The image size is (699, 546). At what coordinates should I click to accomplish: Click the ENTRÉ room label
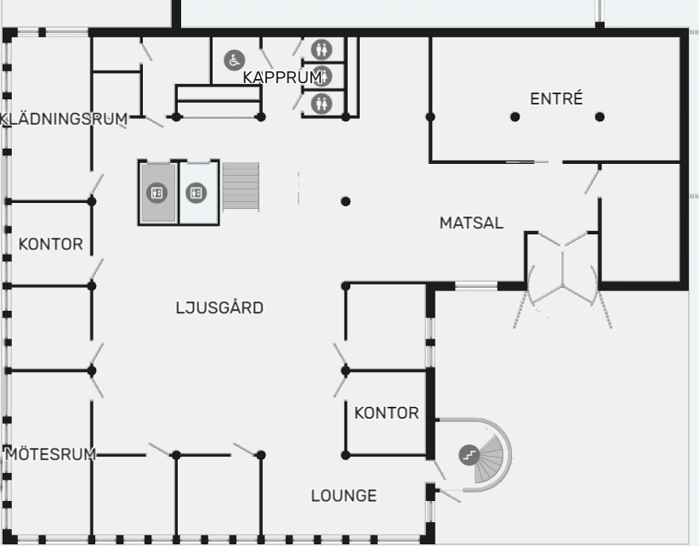click(x=556, y=99)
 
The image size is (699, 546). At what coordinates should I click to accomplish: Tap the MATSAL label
click(x=471, y=222)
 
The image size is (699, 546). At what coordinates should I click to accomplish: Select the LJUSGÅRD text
click(x=219, y=307)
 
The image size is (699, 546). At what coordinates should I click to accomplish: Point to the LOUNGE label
click(x=344, y=495)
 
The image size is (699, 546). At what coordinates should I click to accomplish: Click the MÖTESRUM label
click(x=51, y=453)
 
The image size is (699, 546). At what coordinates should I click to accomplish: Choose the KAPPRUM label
click(x=282, y=77)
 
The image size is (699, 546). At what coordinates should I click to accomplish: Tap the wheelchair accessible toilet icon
click(x=235, y=60)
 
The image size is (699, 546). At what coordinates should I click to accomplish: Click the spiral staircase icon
click(x=469, y=455)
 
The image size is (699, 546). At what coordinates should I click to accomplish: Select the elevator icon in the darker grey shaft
click(x=157, y=193)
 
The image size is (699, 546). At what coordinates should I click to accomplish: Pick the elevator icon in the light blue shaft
click(x=196, y=193)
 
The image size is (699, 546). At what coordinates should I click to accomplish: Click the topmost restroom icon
click(x=321, y=49)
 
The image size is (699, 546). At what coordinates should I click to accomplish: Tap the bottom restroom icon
click(x=321, y=104)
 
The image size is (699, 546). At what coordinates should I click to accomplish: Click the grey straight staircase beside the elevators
click(x=241, y=187)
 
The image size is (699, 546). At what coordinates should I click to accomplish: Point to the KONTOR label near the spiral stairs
click(x=387, y=413)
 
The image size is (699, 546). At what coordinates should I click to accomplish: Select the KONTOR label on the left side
click(x=51, y=244)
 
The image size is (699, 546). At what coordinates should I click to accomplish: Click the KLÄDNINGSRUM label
click(x=64, y=119)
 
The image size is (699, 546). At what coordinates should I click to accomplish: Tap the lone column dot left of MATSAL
click(x=345, y=201)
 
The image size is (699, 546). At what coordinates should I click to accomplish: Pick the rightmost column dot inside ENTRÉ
click(x=600, y=116)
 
